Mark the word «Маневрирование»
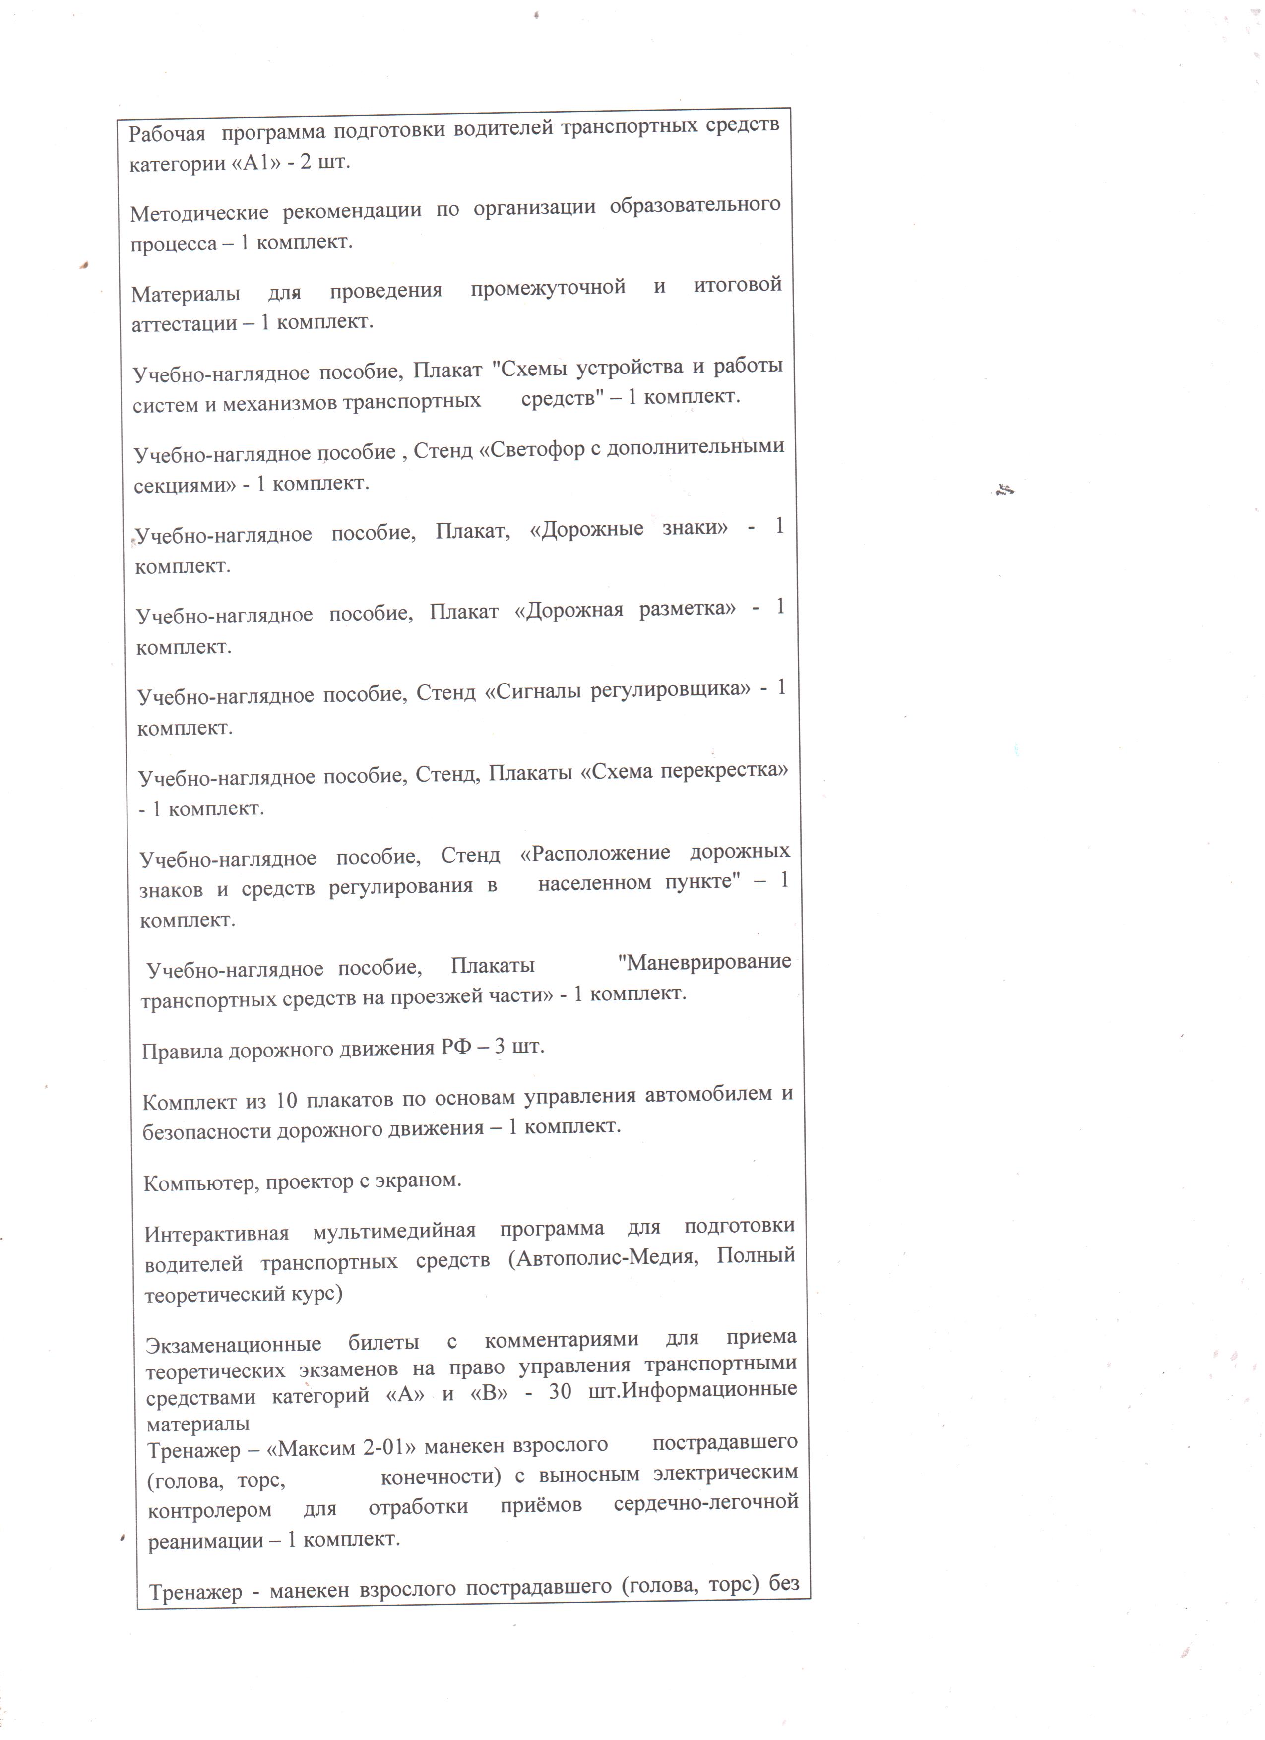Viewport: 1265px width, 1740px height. [704, 961]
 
